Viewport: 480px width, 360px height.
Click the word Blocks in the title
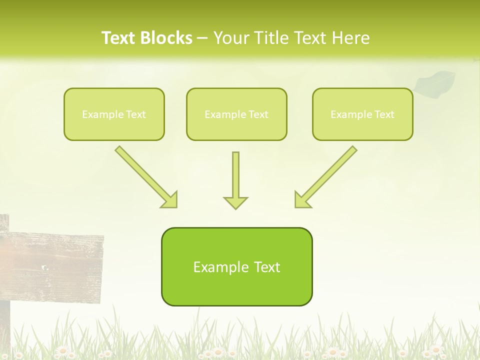[x=168, y=38]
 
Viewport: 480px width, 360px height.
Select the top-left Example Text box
[x=114, y=114]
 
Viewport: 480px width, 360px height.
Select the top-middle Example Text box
[x=236, y=114]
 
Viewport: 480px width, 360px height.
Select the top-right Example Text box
[x=362, y=114]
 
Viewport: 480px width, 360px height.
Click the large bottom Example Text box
[x=236, y=266]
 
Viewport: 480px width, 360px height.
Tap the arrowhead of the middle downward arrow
[x=235, y=202]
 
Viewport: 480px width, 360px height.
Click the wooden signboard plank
[x=55, y=265]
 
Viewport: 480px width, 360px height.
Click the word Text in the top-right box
[x=384, y=114]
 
